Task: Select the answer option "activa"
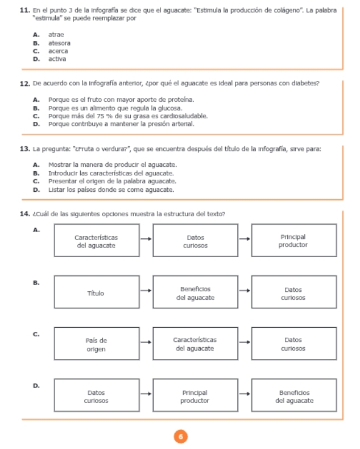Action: [57, 59]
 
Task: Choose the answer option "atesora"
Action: [59, 43]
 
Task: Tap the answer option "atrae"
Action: [56, 35]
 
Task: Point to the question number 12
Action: [24, 84]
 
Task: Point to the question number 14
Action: [24, 214]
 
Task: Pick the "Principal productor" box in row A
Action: [293, 241]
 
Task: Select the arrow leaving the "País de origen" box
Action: [146, 344]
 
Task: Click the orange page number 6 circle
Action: [180, 436]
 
